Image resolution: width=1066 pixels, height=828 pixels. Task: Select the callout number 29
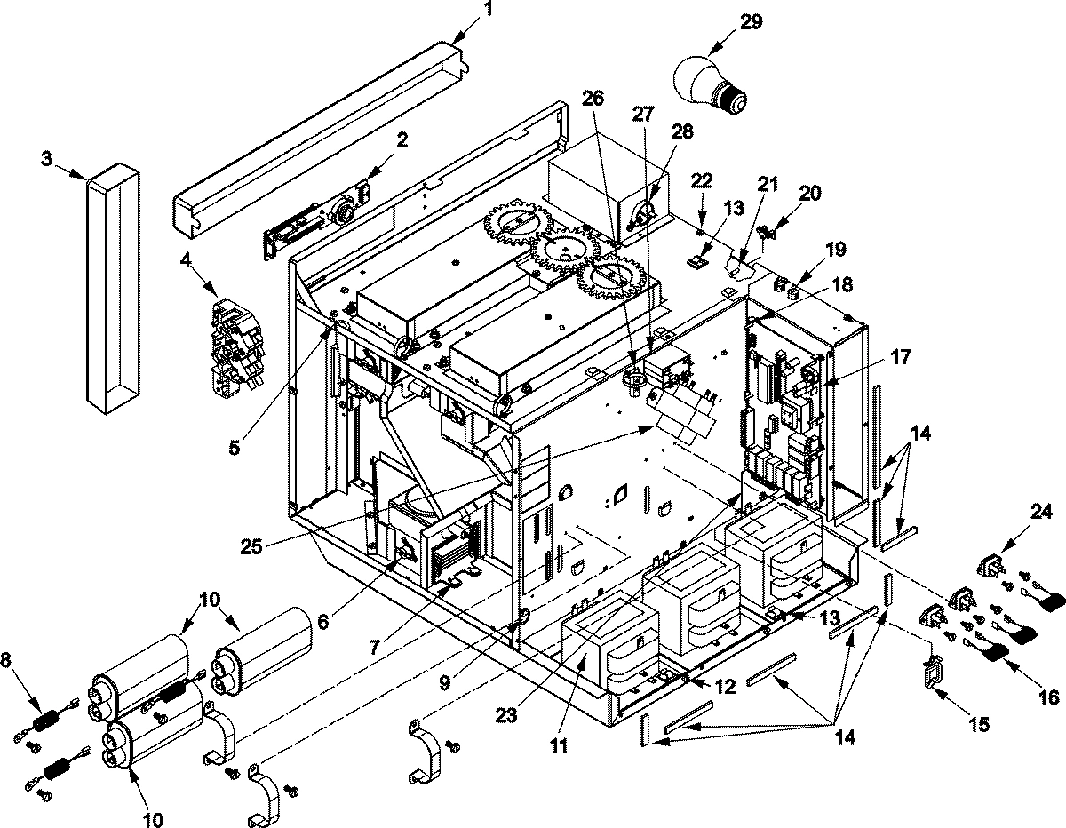pyautogui.click(x=751, y=22)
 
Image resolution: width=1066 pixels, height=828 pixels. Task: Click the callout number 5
pyautogui.click(x=235, y=448)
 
